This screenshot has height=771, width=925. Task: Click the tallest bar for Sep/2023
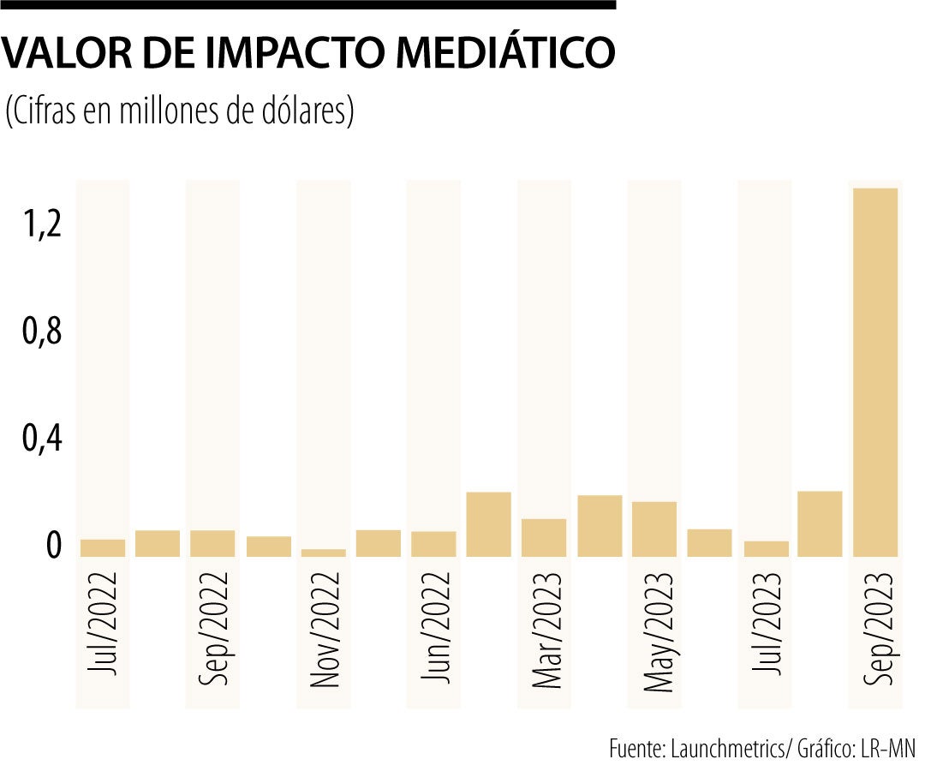[875, 373]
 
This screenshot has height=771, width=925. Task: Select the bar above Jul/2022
[103, 548]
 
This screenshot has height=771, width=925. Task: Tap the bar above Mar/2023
[544, 538]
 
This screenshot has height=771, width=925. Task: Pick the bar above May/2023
[654, 529]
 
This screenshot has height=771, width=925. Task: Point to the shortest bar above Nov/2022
[324, 553]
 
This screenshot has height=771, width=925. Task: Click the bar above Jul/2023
[766, 549]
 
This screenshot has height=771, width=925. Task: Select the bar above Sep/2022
[212, 543]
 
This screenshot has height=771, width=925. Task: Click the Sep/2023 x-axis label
[875, 629]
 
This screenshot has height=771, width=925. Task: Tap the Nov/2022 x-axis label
[324, 631]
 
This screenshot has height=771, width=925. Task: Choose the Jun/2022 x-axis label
[434, 629]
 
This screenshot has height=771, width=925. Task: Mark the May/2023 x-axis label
[655, 631]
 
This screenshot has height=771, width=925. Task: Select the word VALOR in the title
[63, 52]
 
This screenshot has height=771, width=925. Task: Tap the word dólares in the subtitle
[304, 112]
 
